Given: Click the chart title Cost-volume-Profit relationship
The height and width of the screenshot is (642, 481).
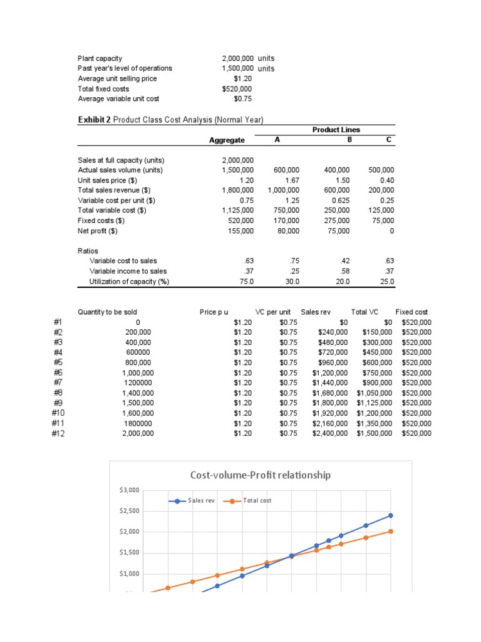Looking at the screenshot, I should (260, 475).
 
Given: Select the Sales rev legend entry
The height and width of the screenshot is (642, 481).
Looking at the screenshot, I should (201, 500).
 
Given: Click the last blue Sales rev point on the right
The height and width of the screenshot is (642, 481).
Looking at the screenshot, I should (391, 515).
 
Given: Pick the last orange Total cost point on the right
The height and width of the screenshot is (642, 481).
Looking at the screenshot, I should (391, 531).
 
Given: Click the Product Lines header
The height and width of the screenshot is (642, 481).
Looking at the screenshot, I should (336, 130).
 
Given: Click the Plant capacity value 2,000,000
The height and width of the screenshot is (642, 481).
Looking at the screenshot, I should (234, 58).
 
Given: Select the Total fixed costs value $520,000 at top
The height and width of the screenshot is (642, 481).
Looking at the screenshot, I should (237, 89).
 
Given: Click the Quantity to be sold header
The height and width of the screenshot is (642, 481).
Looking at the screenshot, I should (107, 312).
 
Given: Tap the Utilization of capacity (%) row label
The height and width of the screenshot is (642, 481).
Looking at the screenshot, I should (130, 282).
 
